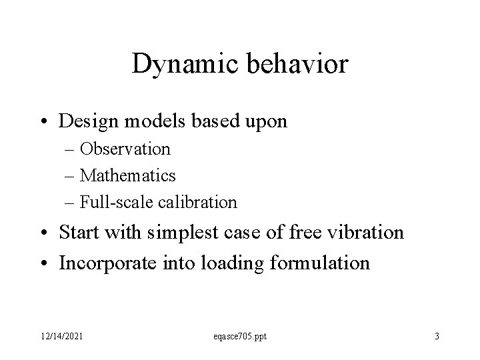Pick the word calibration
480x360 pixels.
pos(201,201)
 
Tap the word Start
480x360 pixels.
pos(79,233)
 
